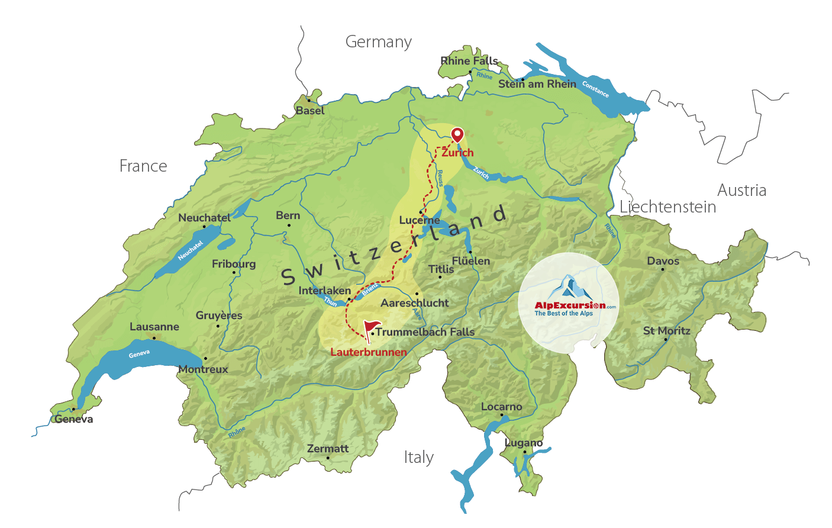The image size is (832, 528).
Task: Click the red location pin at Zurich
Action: [x=457, y=134]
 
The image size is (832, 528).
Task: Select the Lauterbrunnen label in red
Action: [x=369, y=352]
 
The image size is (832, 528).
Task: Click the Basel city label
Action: [x=310, y=111]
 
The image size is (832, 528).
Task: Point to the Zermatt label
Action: [x=328, y=449]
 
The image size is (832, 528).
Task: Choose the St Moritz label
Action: [x=666, y=331]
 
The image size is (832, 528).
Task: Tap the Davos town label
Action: [x=663, y=261]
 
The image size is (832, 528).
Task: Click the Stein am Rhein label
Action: [x=537, y=84]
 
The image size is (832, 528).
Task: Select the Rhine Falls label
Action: [x=469, y=61]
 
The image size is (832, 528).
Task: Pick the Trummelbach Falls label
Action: [x=425, y=332]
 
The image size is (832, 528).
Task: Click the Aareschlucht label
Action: [x=414, y=303]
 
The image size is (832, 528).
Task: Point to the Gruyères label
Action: [x=219, y=315]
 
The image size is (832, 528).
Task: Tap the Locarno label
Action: [x=501, y=407]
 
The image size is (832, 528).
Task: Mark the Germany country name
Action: [x=379, y=42]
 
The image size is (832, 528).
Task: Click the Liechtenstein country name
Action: [x=667, y=207]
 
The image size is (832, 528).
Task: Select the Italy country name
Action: [x=419, y=458]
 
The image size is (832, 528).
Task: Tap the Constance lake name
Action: [x=595, y=89]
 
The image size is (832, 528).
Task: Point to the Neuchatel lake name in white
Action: [x=190, y=250]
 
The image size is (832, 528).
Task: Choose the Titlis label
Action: [x=441, y=269]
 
